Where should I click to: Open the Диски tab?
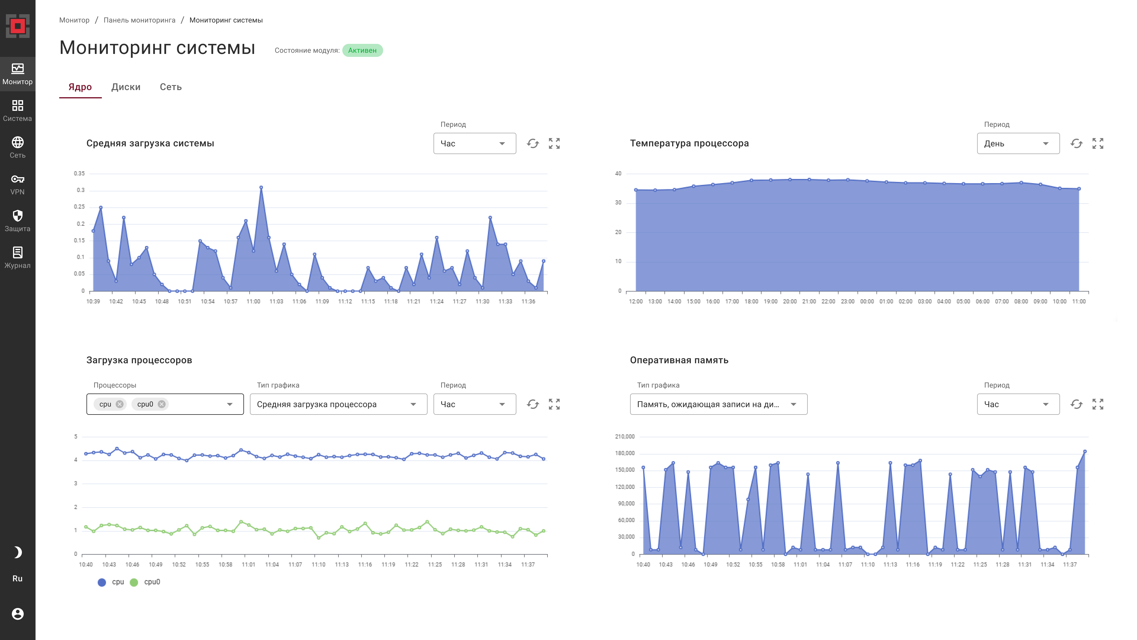(126, 87)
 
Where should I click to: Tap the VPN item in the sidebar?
(18, 184)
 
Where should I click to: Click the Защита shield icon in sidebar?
(18, 216)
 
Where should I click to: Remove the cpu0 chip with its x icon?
(162, 404)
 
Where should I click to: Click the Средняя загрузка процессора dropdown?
(338, 404)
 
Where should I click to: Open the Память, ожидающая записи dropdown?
(718, 404)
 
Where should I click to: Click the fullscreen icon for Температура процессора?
(1097, 143)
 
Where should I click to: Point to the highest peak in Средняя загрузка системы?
(261, 188)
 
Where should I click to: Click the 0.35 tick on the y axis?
(79, 174)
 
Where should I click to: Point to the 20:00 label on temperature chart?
(790, 302)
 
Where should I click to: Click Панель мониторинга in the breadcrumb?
(139, 20)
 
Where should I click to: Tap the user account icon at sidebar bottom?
(18, 614)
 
